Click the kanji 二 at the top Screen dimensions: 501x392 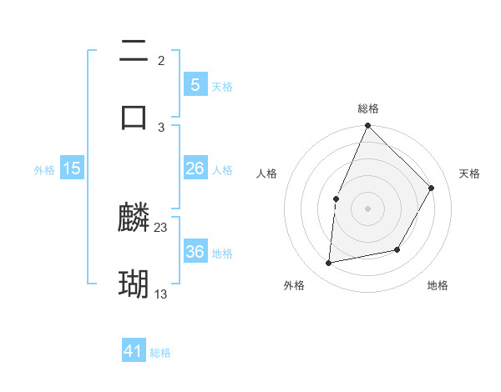point(134,52)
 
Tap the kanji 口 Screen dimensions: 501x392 point(134,116)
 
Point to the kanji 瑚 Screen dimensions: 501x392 point(134,284)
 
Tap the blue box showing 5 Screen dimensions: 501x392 point(195,84)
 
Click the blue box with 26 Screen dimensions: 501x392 point(195,168)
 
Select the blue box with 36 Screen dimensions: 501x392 point(195,252)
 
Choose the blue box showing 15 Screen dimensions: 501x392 point(72,168)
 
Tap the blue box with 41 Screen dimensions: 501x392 point(134,351)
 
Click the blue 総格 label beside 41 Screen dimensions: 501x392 point(160,353)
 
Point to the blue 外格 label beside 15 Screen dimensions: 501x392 point(44,170)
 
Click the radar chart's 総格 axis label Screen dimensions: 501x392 point(368,108)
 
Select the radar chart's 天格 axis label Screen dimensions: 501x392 point(470,173)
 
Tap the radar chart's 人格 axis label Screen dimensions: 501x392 point(266,173)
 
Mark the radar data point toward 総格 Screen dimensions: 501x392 point(367,126)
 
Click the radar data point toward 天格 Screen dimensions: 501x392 point(432,188)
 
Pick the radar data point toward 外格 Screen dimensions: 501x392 point(329,264)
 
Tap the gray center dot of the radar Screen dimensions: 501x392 point(367,208)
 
